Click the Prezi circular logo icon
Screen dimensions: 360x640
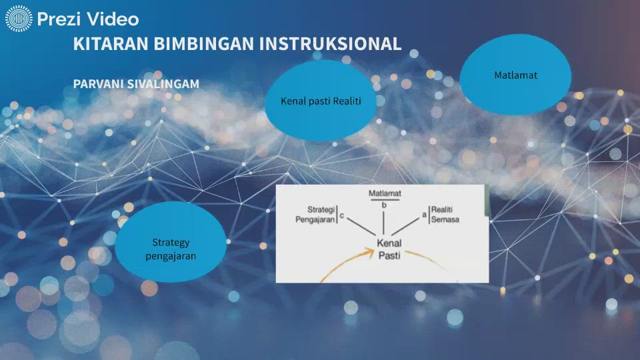[x=19, y=19]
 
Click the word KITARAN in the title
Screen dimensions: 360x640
[x=111, y=44]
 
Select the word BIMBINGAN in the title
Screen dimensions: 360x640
[x=204, y=44]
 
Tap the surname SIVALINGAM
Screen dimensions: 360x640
[x=165, y=85]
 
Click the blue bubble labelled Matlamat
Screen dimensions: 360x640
[x=515, y=75]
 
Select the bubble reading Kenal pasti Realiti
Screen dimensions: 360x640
[x=321, y=101]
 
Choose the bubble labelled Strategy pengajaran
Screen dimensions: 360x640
[x=171, y=242]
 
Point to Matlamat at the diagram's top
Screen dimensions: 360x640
[x=383, y=193]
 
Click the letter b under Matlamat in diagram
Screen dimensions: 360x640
[x=384, y=205]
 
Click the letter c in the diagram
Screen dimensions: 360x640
[x=343, y=215]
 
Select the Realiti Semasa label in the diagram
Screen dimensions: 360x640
[x=445, y=214]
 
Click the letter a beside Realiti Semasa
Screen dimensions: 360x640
[x=424, y=215]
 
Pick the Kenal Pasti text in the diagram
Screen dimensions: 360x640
[x=389, y=249]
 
